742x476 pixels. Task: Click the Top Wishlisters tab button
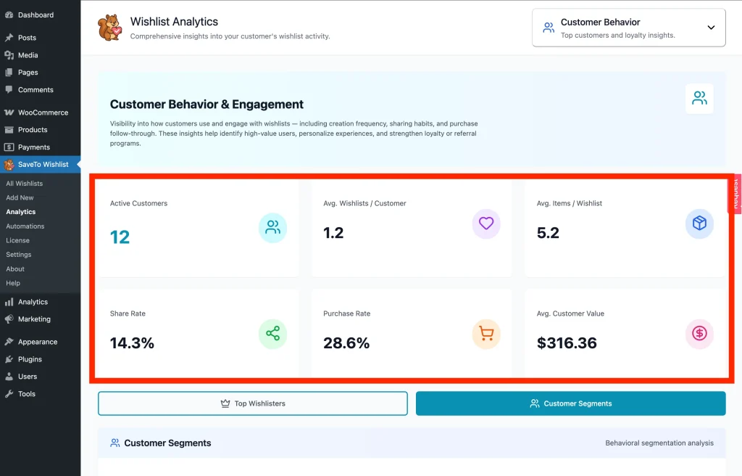[x=253, y=403]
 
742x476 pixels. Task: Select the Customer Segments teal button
[x=570, y=403]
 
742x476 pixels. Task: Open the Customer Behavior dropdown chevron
[x=711, y=28]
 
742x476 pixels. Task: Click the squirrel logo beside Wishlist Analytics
[x=109, y=28]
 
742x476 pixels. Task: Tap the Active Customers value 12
[x=120, y=237]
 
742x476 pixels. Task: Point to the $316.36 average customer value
[x=567, y=343]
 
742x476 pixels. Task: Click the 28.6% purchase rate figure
[x=346, y=343]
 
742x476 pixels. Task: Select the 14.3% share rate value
[x=132, y=343]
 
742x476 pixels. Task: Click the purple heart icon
[x=486, y=223]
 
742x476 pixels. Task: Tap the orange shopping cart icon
[x=486, y=334]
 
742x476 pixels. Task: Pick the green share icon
[x=272, y=334]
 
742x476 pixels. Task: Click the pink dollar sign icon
[x=699, y=334]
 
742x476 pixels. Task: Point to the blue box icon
[x=699, y=223]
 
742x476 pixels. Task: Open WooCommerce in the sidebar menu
[x=43, y=112]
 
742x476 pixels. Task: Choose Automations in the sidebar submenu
[x=25, y=226]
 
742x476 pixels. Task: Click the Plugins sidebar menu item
[x=30, y=359]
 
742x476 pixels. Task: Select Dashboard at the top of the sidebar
[x=36, y=15]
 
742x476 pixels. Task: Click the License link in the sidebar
[x=18, y=240]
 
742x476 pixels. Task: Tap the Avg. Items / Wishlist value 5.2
[x=548, y=233]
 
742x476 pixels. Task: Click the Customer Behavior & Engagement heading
[x=207, y=104]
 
